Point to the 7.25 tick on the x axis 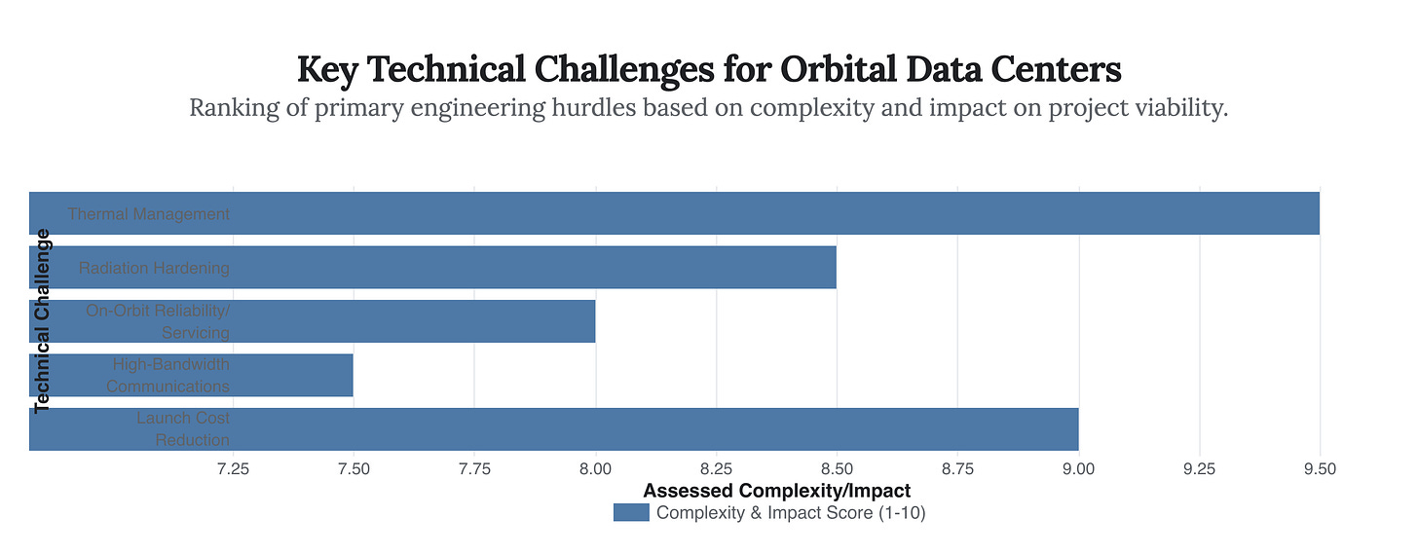pos(233,469)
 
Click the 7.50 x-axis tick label pos(354,469)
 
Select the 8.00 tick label pos(595,469)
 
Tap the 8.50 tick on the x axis pos(837,469)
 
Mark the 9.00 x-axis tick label pos(1078,469)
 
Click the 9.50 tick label pos(1320,469)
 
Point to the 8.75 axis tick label pos(957,469)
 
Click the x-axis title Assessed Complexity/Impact pos(776,491)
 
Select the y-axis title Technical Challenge pos(42,321)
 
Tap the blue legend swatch pos(631,513)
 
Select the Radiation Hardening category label pos(154,268)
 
